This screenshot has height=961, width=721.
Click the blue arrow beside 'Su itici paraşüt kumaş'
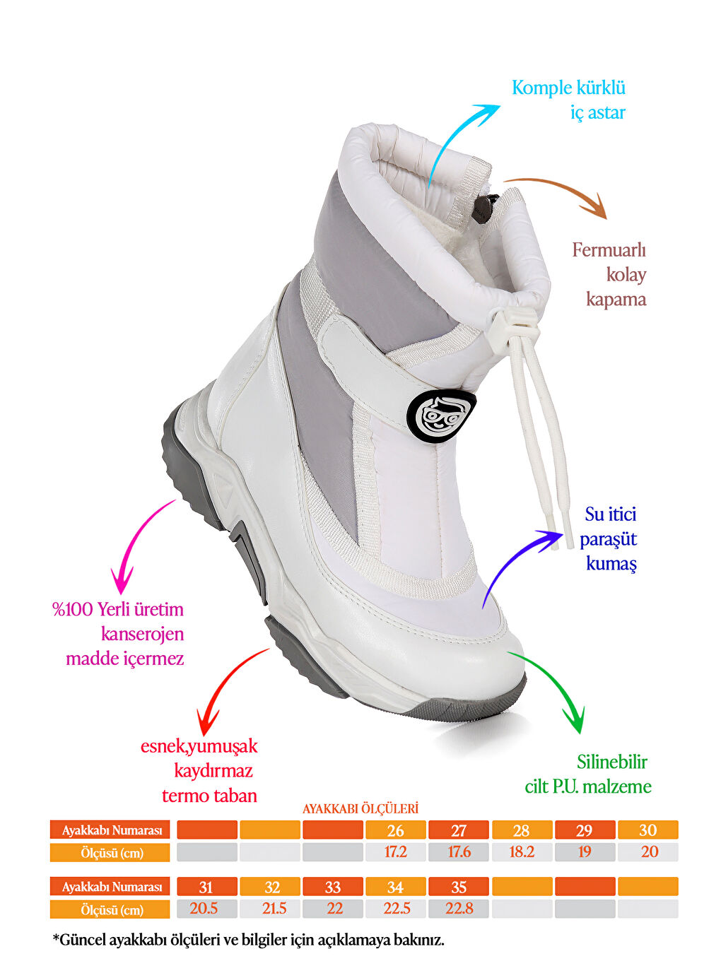[x=512, y=565]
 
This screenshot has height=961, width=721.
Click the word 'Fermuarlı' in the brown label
[x=609, y=250]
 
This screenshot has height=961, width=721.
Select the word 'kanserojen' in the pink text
[x=142, y=635]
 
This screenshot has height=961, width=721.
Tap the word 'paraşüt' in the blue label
[x=608, y=540]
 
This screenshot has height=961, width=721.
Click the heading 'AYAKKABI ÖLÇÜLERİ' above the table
[x=360, y=808]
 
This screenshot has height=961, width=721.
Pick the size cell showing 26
[x=395, y=830]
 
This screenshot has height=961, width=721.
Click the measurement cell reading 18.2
[x=522, y=852]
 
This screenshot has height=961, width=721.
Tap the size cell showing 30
[x=648, y=830]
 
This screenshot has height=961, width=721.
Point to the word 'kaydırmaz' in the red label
[x=213, y=771]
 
